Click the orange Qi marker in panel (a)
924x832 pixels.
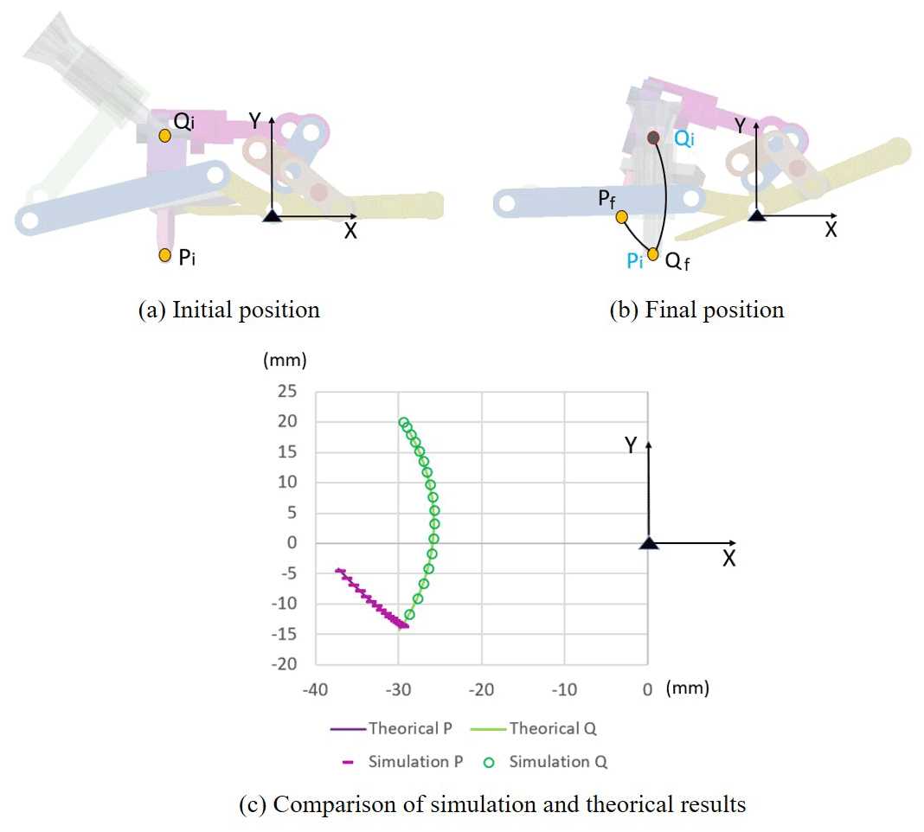(x=165, y=136)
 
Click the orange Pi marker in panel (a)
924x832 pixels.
(x=165, y=255)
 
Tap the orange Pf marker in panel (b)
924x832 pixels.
(x=622, y=217)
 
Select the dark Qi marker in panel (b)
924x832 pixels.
(x=653, y=138)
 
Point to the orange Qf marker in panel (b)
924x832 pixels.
(x=653, y=254)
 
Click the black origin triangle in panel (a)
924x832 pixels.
(x=272, y=215)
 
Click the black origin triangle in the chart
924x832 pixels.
(x=649, y=542)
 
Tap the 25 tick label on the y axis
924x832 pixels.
(x=287, y=391)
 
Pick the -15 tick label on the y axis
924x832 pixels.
(x=285, y=634)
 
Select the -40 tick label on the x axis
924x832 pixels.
(x=315, y=689)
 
